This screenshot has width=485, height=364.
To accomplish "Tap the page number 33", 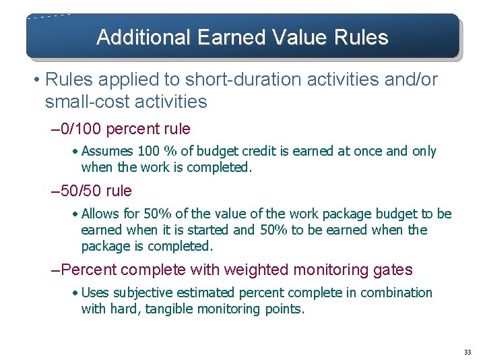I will (x=467, y=353).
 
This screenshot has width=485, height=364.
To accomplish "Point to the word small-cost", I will (x=80, y=102).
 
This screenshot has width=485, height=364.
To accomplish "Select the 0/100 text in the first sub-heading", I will (x=82, y=129).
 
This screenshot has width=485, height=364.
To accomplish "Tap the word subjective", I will (x=141, y=293).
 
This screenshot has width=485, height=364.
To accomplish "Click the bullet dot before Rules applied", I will (x=34, y=80).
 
